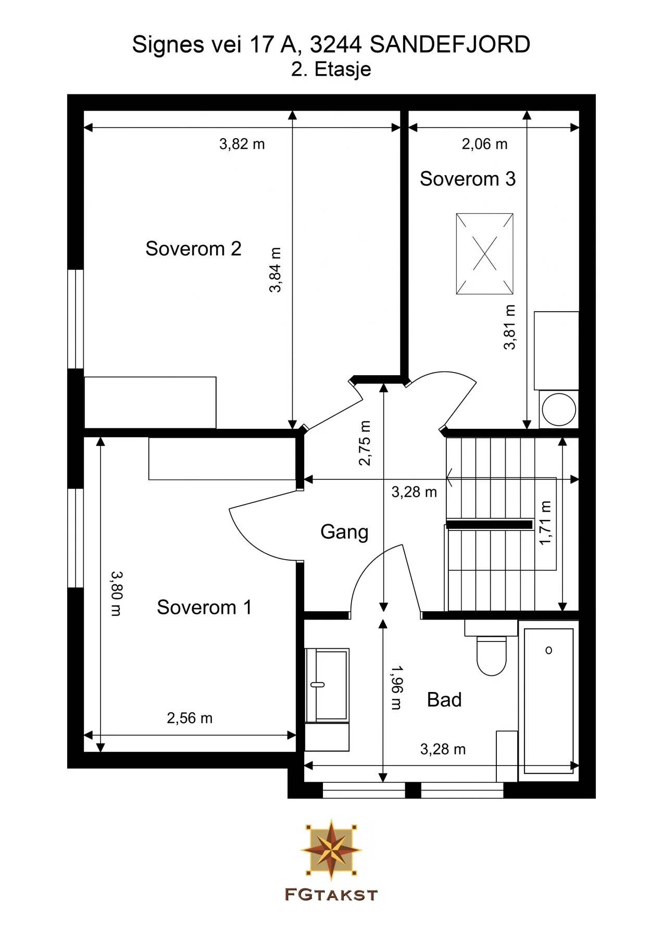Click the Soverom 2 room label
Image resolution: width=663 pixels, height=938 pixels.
(193, 249)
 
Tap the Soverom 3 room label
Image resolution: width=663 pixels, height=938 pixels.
(468, 179)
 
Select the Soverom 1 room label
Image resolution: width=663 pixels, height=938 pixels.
(204, 607)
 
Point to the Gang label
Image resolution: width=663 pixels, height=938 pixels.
(344, 532)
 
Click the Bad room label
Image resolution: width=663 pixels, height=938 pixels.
(444, 699)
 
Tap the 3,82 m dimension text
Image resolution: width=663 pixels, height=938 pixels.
(242, 144)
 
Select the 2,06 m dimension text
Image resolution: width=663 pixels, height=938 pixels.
(484, 144)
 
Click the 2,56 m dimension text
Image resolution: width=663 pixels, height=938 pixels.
(190, 718)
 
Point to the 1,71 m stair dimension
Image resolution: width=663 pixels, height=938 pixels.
(545, 523)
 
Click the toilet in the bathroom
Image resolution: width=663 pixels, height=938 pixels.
(492, 655)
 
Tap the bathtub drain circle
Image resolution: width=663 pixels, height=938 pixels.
(548, 650)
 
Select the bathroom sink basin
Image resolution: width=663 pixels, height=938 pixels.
(327, 685)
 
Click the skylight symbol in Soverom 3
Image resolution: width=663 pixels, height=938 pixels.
(485, 254)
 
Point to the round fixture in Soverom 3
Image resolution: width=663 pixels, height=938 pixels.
(559, 409)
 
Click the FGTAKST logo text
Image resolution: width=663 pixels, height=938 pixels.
(331, 895)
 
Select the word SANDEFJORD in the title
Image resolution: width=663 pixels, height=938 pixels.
(450, 45)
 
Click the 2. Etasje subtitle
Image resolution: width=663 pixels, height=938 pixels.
(331, 69)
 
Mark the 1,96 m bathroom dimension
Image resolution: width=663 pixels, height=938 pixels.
(396, 687)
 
